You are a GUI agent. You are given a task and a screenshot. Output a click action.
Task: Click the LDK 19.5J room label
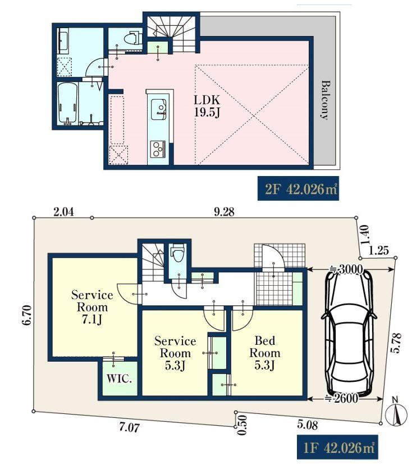(207, 106)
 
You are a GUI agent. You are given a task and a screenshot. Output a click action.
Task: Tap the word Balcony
(325, 100)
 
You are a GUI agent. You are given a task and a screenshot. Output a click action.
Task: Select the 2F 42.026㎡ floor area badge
(298, 188)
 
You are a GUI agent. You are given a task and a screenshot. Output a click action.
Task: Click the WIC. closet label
(119, 379)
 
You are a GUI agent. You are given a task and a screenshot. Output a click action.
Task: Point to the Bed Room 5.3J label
(265, 353)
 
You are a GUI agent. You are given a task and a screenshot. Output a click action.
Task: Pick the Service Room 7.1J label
(92, 307)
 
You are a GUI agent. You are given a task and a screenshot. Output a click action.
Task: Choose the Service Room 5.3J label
(175, 353)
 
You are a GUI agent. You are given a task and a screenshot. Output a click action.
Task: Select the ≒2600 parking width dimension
(342, 399)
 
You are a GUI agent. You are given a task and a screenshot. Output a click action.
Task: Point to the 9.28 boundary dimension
(223, 211)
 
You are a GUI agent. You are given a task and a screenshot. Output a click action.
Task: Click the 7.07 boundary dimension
(129, 427)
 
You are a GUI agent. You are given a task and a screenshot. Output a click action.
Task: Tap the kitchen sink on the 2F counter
(158, 109)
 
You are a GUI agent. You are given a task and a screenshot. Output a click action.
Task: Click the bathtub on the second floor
(68, 103)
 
